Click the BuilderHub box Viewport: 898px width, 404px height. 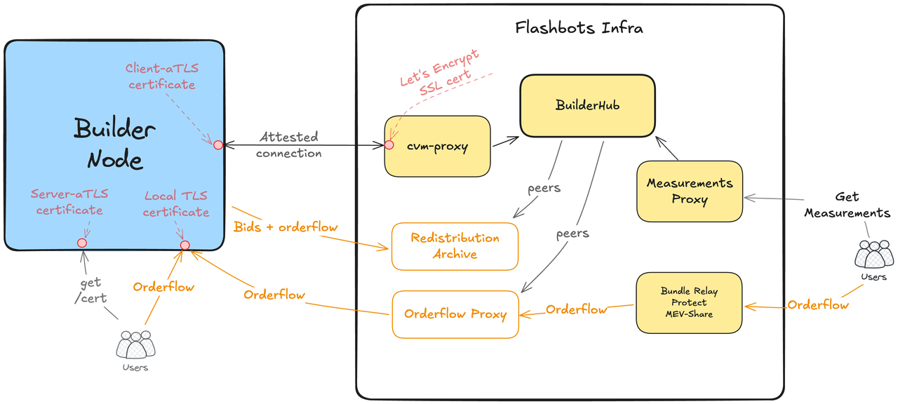pyautogui.click(x=587, y=105)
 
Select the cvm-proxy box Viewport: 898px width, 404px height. pyautogui.click(x=437, y=146)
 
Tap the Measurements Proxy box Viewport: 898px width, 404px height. pyautogui.click(x=689, y=191)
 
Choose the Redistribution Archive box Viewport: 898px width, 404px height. pyautogui.click(x=455, y=246)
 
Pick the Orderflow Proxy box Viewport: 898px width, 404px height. pyautogui.click(x=455, y=314)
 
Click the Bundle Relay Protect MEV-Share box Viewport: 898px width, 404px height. pyautogui.click(x=689, y=303)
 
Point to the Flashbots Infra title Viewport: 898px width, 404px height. pyautogui.click(x=579, y=29)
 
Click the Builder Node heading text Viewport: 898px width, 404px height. pyautogui.click(x=115, y=144)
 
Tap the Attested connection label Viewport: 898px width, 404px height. pyautogui.click(x=288, y=144)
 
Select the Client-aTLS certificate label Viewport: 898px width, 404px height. pyautogui.click(x=161, y=76)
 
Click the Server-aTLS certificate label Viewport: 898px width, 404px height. pyautogui.click(x=69, y=202)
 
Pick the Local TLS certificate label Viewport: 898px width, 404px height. pyautogui.click(x=176, y=204)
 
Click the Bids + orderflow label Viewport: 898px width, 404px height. pyautogui.click(x=286, y=227)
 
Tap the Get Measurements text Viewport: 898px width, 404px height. pyautogui.click(x=847, y=205)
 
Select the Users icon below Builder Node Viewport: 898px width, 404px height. pyautogui.click(x=134, y=346)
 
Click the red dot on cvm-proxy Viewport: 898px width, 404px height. pyautogui.click(x=389, y=145)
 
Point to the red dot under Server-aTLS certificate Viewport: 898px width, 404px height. pyautogui.click(x=82, y=243)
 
